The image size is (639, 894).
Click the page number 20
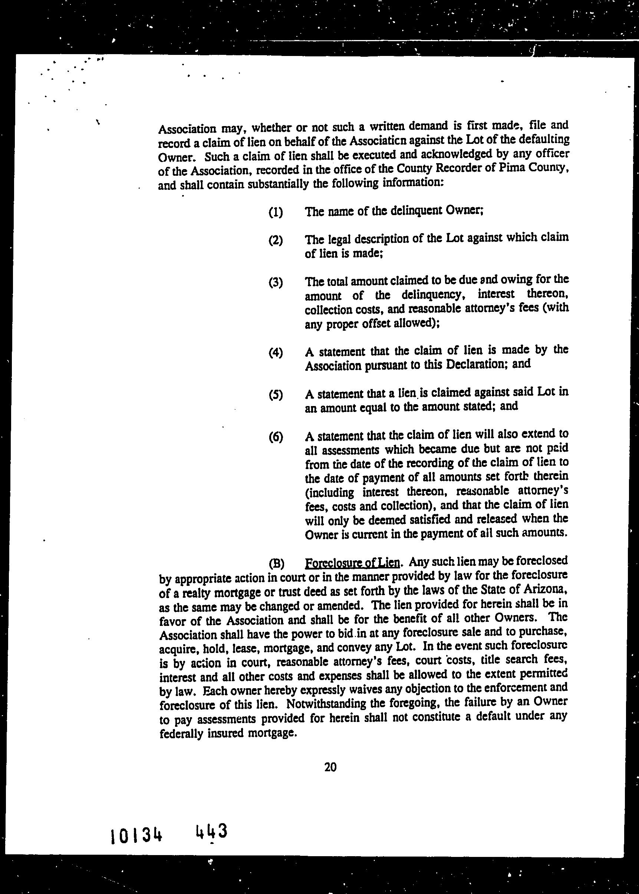point(330,767)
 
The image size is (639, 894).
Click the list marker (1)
point(276,213)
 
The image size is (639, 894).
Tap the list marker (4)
point(276,352)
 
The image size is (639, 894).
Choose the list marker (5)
point(276,395)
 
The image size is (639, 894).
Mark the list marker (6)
point(276,437)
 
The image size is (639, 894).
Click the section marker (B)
point(276,564)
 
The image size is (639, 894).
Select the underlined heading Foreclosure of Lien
point(353,563)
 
